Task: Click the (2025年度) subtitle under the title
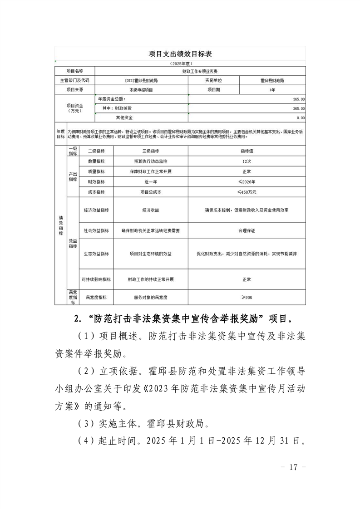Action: pyautogui.click(x=180, y=64)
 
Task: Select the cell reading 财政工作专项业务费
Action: pyautogui.click(x=200, y=71)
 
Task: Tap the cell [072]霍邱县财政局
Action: pyautogui.click(x=141, y=80)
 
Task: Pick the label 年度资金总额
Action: pyautogui.click(x=112, y=99)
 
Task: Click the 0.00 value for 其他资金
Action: pyautogui.click(x=300, y=117)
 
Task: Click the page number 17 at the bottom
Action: pyautogui.click(x=294, y=467)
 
